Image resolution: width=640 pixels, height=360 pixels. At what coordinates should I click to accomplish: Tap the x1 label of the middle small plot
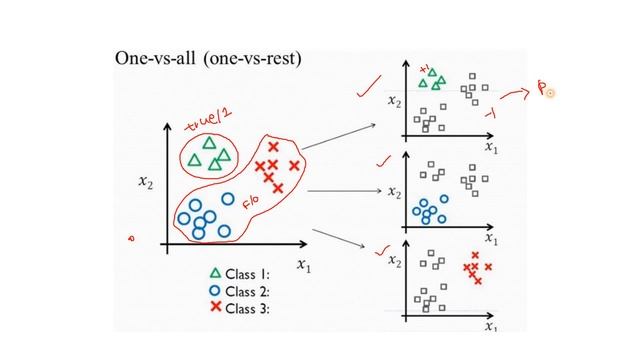coord(490,238)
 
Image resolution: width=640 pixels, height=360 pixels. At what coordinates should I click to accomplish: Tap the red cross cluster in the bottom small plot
coord(474,269)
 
